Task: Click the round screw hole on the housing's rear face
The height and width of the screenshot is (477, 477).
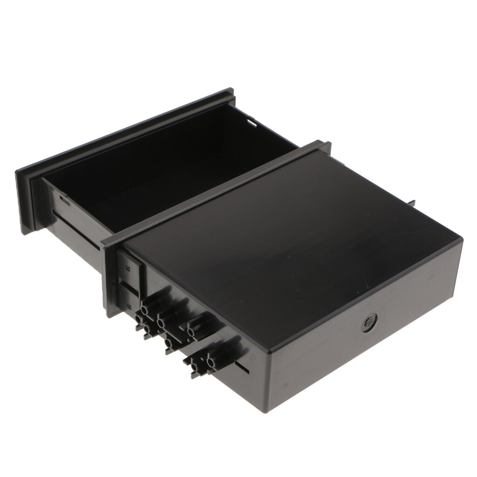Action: pos(368,322)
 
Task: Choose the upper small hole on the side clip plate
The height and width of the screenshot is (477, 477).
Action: pos(128,269)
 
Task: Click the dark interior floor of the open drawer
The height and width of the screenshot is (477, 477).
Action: pos(154,172)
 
